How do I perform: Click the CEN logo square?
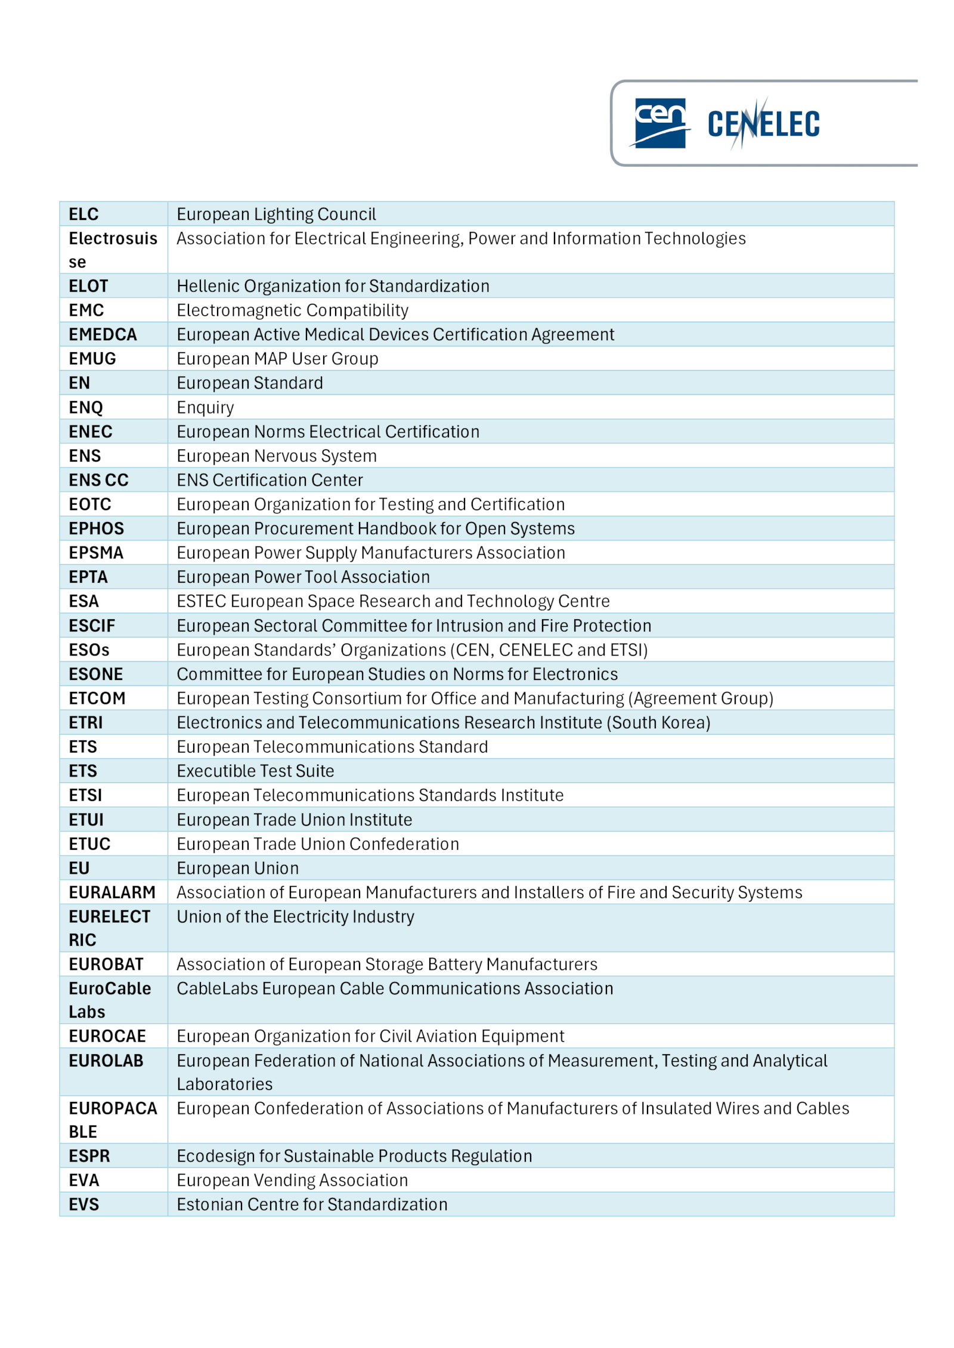(x=659, y=123)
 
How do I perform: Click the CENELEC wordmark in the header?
(x=763, y=124)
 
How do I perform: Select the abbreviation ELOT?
(x=88, y=286)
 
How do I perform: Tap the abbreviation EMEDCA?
(x=103, y=334)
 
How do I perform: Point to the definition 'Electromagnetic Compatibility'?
(x=292, y=310)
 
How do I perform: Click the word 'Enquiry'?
(x=205, y=408)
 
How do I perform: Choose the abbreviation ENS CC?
(x=98, y=480)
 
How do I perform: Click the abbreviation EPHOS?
(x=96, y=529)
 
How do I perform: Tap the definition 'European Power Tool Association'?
(x=303, y=577)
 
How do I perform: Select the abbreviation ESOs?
(x=89, y=650)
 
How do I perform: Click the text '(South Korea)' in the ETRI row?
(x=658, y=722)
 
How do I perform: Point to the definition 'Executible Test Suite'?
(x=255, y=771)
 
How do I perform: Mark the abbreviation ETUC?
(x=89, y=844)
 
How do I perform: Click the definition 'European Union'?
(x=237, y=868)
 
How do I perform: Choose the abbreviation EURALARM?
(x=111, y=892)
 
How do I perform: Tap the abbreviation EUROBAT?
(x=106, y=964)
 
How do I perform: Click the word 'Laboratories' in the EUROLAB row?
(x=224, y=1084)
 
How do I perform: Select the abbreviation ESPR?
(x=89, y=1156)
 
